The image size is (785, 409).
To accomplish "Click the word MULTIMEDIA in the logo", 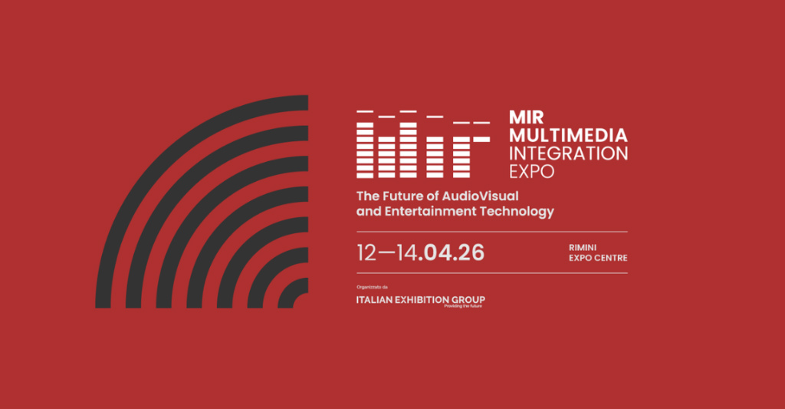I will coord(568,135).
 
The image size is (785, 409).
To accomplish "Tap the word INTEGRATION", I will coord(568,153).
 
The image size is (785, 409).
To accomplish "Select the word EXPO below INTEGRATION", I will coord(531,171).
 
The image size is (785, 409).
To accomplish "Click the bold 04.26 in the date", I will coord(454,252).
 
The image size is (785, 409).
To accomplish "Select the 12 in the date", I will coord(367,252).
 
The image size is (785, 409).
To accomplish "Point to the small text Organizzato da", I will coord(373,287).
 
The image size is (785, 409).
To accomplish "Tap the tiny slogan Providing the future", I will coord(464,305).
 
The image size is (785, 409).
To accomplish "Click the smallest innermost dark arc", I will coord(294,295).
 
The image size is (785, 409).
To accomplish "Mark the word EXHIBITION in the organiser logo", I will coord(423,299).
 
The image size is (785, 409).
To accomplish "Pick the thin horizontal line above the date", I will coord(492,231).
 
